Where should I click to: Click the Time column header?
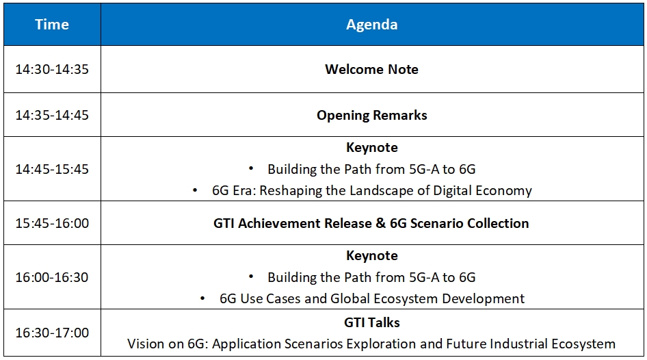[x=52, y=25]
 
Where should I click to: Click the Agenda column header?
[x=372, y=25]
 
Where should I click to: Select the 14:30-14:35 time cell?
[x=52, y=69]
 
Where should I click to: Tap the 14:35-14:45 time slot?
[x=52, y=115]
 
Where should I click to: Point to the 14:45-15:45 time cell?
[x=52, y=169]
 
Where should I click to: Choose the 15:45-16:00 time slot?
[x=52, y=223]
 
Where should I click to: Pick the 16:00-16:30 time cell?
[x=52, y=277]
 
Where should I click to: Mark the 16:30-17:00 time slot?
[x=52, y=333]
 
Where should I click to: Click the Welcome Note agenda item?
[x=372, y=69]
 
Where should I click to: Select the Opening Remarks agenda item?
[x=372, y=115]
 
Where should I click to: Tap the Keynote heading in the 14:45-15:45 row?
[x=372, y=147]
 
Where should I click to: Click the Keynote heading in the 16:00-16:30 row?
[x=372, y=255]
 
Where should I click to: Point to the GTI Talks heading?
[x=372, y=322]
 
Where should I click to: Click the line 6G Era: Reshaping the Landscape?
[x=372, y=191]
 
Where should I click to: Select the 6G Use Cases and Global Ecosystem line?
[x=372, y=298]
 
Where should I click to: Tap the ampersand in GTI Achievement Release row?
[x=380, y=223]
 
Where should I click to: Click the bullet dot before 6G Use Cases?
[x=202, y=298]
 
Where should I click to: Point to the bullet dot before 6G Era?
[x=195, y=190]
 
